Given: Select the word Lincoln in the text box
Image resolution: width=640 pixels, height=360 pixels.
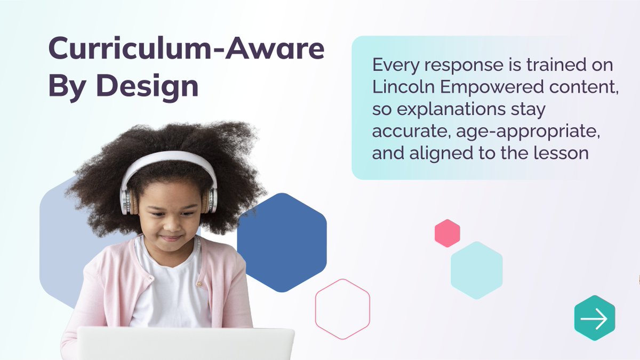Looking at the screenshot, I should tap(398, 87).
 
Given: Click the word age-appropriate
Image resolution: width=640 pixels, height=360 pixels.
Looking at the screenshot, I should tap(511, 132).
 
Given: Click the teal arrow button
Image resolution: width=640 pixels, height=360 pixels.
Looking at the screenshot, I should tap(594, 318).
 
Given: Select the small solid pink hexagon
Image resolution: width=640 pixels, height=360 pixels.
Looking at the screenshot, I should tap(447, 233).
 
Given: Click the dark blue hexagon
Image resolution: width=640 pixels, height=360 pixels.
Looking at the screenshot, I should tap(282, 242).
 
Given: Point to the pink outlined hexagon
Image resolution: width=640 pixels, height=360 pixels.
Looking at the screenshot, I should tap(342, 309).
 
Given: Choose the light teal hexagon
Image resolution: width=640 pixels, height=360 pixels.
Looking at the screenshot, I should tap(476, 270).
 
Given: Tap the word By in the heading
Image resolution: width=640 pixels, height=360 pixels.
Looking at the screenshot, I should tap(65, 85).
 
